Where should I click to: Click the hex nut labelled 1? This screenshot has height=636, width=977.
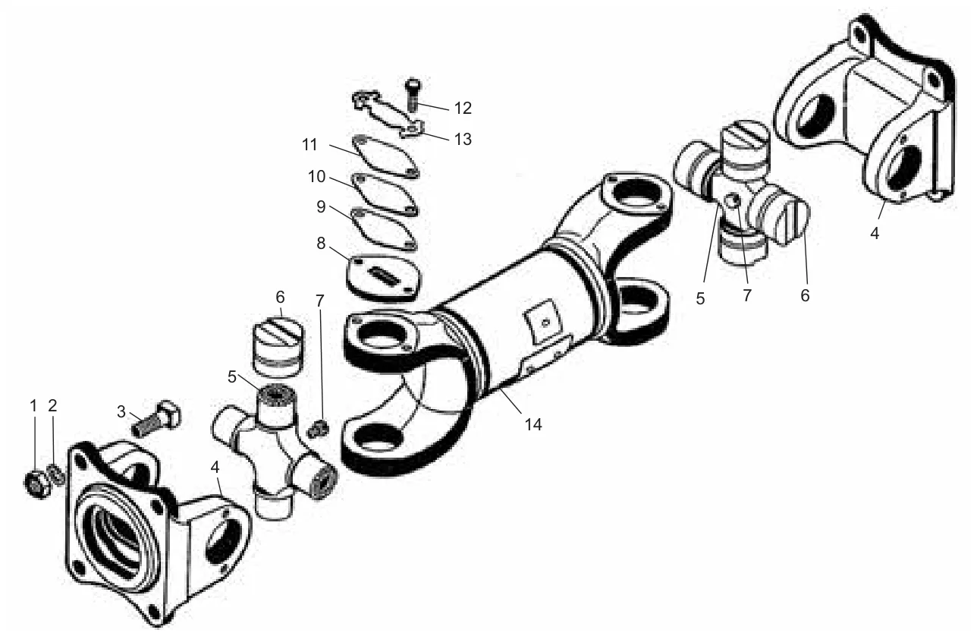(x=37, y=483)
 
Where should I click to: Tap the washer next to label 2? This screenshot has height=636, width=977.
(x=57, y=474)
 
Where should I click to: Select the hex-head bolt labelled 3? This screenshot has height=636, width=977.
(x=157, y=417)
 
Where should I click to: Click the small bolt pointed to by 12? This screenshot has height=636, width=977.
(x=413, y=94)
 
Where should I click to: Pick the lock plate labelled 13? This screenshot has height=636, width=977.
(x=388, y=115)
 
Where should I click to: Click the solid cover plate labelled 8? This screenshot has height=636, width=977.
(x=384, y=278)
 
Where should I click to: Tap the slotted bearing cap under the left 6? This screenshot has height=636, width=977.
(x=278, y=346)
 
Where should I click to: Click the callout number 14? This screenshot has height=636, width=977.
(x=533, y=424)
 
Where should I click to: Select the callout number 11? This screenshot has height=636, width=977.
(x=309, y=144)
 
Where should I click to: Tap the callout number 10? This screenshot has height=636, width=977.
(x=316, y=176)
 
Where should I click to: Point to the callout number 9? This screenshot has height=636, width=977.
(x=321, y=206)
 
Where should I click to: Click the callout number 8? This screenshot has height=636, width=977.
(x=321, y=243)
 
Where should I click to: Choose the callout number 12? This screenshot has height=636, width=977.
(x=463, y=108)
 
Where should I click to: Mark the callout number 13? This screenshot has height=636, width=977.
(x=463, y=139)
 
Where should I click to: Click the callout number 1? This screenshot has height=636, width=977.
(x=33, y=405)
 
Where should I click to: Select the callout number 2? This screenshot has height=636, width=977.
(x=52, y=405)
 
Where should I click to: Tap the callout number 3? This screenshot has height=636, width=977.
(x=121, y=411)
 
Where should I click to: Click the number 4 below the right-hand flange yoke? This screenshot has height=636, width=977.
(x=875, y=233)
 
